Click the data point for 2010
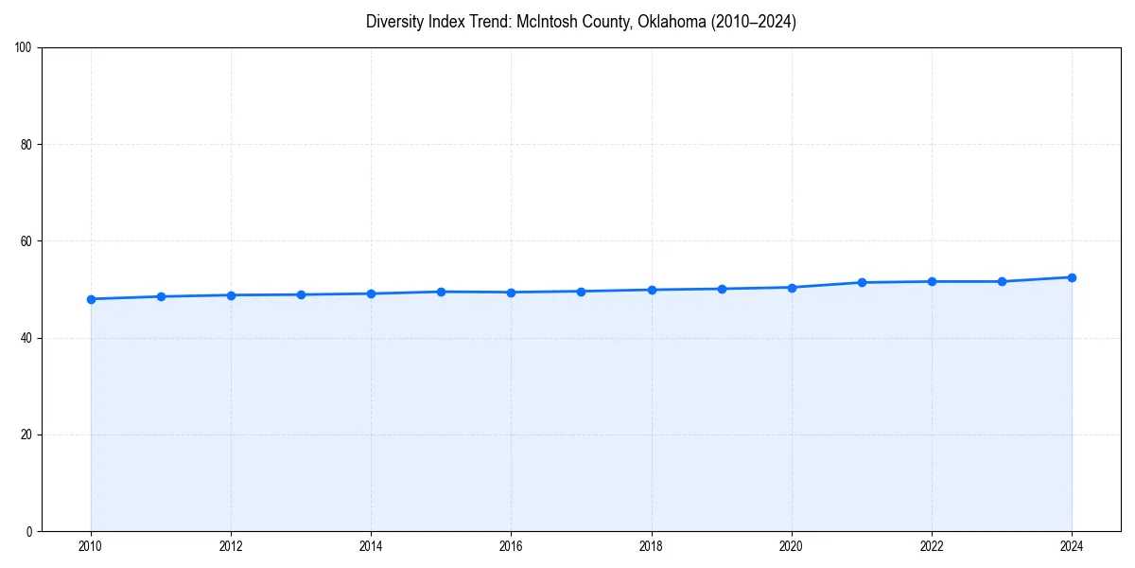[91, 299]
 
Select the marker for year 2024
[1072, 277]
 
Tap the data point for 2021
[862, 282]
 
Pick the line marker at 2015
[442, 292]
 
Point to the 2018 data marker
[652, 290]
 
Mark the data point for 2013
[301, 294]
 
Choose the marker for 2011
[161, 296]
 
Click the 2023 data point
[1002, 281]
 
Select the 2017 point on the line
[582, 292]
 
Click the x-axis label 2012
[231, 546]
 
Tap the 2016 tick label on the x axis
[512, 546]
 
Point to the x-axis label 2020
[792, 546]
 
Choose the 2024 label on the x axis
[1072, 546]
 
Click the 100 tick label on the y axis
[24, 48]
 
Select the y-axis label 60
[26, 241]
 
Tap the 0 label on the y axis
[29, 531]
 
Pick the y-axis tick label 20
[26, 435]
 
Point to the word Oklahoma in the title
[671, 22]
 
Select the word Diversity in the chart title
[393, 22]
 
